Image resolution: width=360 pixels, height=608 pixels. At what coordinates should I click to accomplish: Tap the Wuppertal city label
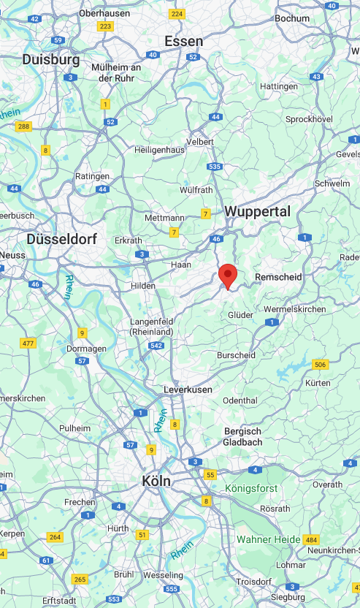(x=258, y=212)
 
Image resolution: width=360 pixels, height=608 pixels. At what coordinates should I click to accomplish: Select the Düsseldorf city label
(x=61, y=239)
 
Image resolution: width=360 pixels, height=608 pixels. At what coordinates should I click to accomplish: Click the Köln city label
(x=156, y=482)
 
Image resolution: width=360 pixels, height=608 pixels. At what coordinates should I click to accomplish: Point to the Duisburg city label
(x=51, y=59)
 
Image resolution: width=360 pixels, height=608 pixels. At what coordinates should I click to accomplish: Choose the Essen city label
(x=183, y=42)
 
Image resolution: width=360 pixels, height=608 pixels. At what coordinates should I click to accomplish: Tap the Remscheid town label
(x=277, y=277)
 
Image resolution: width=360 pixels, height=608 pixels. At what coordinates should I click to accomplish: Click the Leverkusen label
(x=188, y=389)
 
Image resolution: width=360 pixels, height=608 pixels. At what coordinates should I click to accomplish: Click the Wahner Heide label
(x=267, y=539)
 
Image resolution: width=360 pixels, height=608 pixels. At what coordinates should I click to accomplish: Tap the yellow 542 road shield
(x=155, y=345)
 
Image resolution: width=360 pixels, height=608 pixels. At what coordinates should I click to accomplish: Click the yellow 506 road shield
(x=320, y=365)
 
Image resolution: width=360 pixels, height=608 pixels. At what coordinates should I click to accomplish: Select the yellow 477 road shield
(x=28, y=343)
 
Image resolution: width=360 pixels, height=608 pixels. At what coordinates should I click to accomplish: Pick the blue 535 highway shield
(x=214, y=167)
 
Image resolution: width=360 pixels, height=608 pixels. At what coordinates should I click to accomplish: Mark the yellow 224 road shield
(x=177, y=14)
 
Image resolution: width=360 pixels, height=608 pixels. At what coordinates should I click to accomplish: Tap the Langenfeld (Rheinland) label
(x=151, y=327)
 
